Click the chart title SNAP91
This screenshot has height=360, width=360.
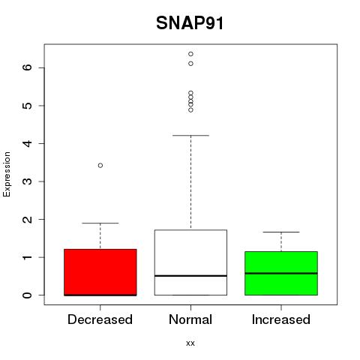190,23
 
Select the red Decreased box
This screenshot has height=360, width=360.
100,272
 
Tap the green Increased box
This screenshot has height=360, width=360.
281,273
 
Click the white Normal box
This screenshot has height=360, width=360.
190,262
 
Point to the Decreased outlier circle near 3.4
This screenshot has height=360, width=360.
100,165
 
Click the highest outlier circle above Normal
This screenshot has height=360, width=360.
190,54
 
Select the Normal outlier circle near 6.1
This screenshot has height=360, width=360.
190,64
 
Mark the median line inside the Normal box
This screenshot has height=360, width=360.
190,276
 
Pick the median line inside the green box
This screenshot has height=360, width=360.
281,273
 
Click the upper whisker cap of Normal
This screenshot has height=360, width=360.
190,136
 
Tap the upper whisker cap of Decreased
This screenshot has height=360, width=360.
100,223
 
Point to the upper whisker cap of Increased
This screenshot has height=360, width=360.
281,232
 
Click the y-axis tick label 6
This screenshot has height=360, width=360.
27,67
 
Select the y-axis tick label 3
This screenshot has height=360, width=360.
27,181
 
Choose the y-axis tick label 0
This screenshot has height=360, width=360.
27,295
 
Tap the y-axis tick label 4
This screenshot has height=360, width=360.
27,143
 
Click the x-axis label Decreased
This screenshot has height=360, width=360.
100,319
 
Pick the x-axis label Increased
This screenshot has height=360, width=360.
281,319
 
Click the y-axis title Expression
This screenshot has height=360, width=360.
7,174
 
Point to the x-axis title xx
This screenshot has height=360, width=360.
190,343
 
